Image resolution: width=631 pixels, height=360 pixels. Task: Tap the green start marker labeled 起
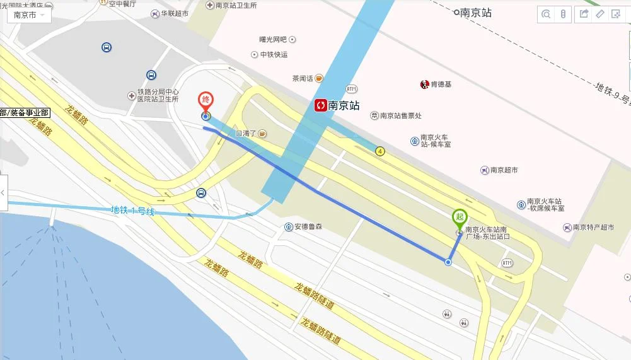[x=459, y=217]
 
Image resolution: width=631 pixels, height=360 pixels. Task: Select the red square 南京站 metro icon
[x=321, y=105]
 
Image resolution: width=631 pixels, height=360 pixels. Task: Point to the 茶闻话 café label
[x=303, y=79]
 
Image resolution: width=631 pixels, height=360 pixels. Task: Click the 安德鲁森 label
[x=308, y=226]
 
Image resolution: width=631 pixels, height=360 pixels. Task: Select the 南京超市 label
[x=504, y=170]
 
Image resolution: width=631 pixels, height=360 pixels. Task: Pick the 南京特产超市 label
[x=592, y=228]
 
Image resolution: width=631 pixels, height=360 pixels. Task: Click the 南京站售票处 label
[x=400, y=115]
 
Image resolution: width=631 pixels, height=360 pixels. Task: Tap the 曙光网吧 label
[x=273, y=39]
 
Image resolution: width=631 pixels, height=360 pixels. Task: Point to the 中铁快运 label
[x=274, y=55]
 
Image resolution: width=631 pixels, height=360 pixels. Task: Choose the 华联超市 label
[x=174, y=13]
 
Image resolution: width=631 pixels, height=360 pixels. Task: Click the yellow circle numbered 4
[x=379, y=151]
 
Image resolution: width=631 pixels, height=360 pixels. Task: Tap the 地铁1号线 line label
[x=132, y=211]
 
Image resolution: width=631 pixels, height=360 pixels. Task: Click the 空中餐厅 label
[x=122, y=3]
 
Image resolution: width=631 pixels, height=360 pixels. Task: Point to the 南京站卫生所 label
[x=236, y=5]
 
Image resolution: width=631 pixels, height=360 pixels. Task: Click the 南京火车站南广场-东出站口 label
[x=487, y=233]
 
